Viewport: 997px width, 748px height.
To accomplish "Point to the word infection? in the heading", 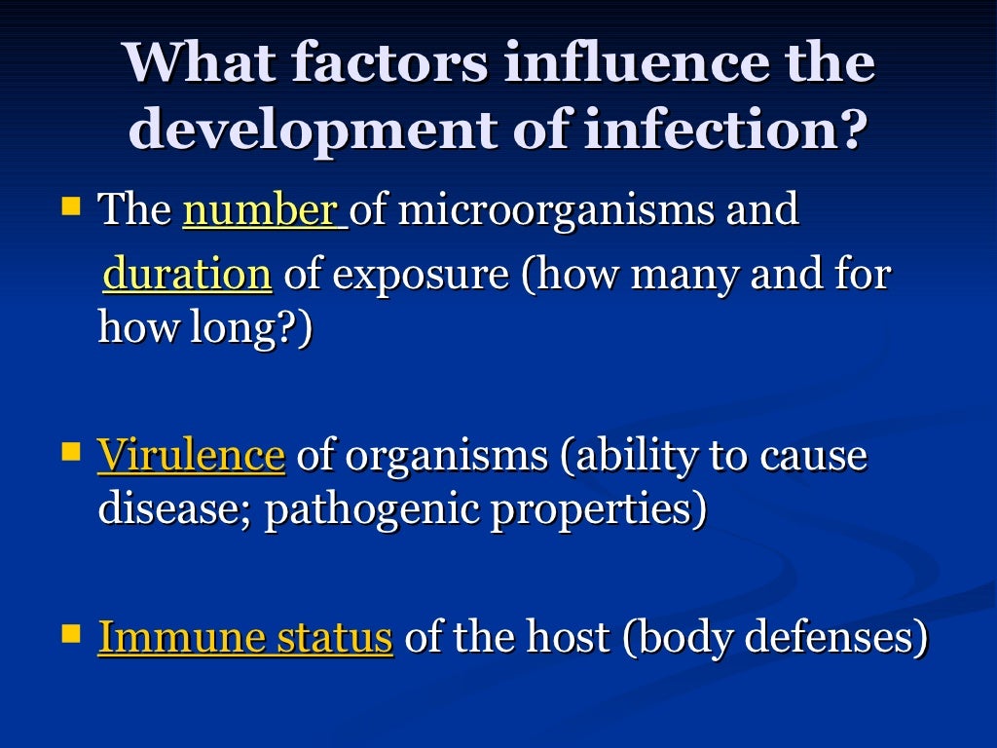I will point(725,130).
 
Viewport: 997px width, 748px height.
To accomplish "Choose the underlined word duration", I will point(187,275).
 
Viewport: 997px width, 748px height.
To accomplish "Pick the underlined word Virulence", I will point(191,455).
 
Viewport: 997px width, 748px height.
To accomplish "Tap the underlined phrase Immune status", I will point(245,638).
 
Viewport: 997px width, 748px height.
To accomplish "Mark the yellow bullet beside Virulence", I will point(71,452).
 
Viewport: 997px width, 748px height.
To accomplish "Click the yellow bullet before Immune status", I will point(71,635).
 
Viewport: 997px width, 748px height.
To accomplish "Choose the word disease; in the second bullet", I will point(174,509).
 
